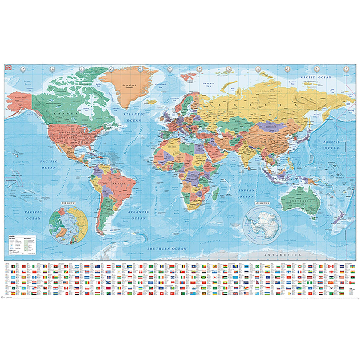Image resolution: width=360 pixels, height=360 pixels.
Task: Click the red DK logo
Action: click(7, 67)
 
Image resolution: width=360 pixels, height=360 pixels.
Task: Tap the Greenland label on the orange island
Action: click(129, 86)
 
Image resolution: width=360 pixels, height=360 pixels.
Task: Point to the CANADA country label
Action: click(63, 113)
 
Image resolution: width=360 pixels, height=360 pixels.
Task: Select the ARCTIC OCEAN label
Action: click(316, 77)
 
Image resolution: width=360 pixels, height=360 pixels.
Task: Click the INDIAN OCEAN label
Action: click(247, 193)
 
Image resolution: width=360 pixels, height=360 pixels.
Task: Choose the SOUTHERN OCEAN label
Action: click(167, 249)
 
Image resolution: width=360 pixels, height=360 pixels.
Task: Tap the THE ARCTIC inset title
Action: click(68, 203)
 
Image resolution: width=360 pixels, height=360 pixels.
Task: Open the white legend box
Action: click(21, 244)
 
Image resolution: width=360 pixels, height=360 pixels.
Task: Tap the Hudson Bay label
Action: click(86, 108)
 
